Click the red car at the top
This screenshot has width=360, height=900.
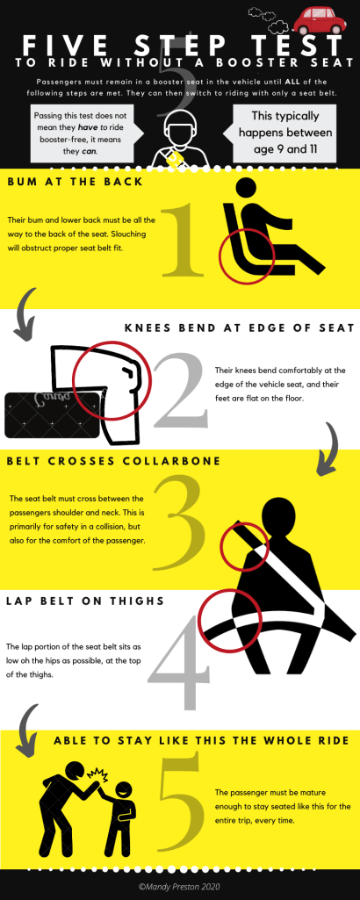[320, 21]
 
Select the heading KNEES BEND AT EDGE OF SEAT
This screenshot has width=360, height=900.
[239, 328]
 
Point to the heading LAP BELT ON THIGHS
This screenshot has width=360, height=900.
[85, 601]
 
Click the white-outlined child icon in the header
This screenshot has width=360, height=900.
[181, 140]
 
